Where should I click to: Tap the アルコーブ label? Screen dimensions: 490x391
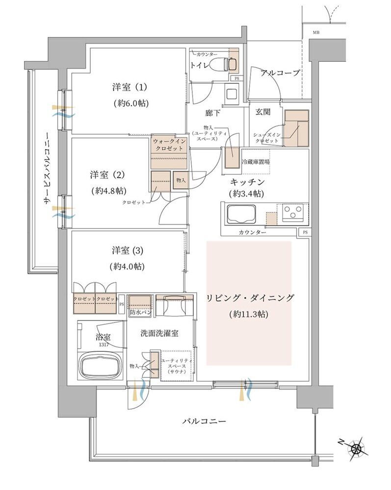280,73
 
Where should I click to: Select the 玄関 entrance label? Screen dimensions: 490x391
262,112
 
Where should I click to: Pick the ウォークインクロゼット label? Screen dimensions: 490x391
170,145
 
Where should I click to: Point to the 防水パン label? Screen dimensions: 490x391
139,312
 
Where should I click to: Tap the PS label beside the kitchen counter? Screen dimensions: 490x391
305,232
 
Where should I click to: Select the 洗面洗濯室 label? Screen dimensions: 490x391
159,333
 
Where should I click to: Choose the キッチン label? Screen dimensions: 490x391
247,182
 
